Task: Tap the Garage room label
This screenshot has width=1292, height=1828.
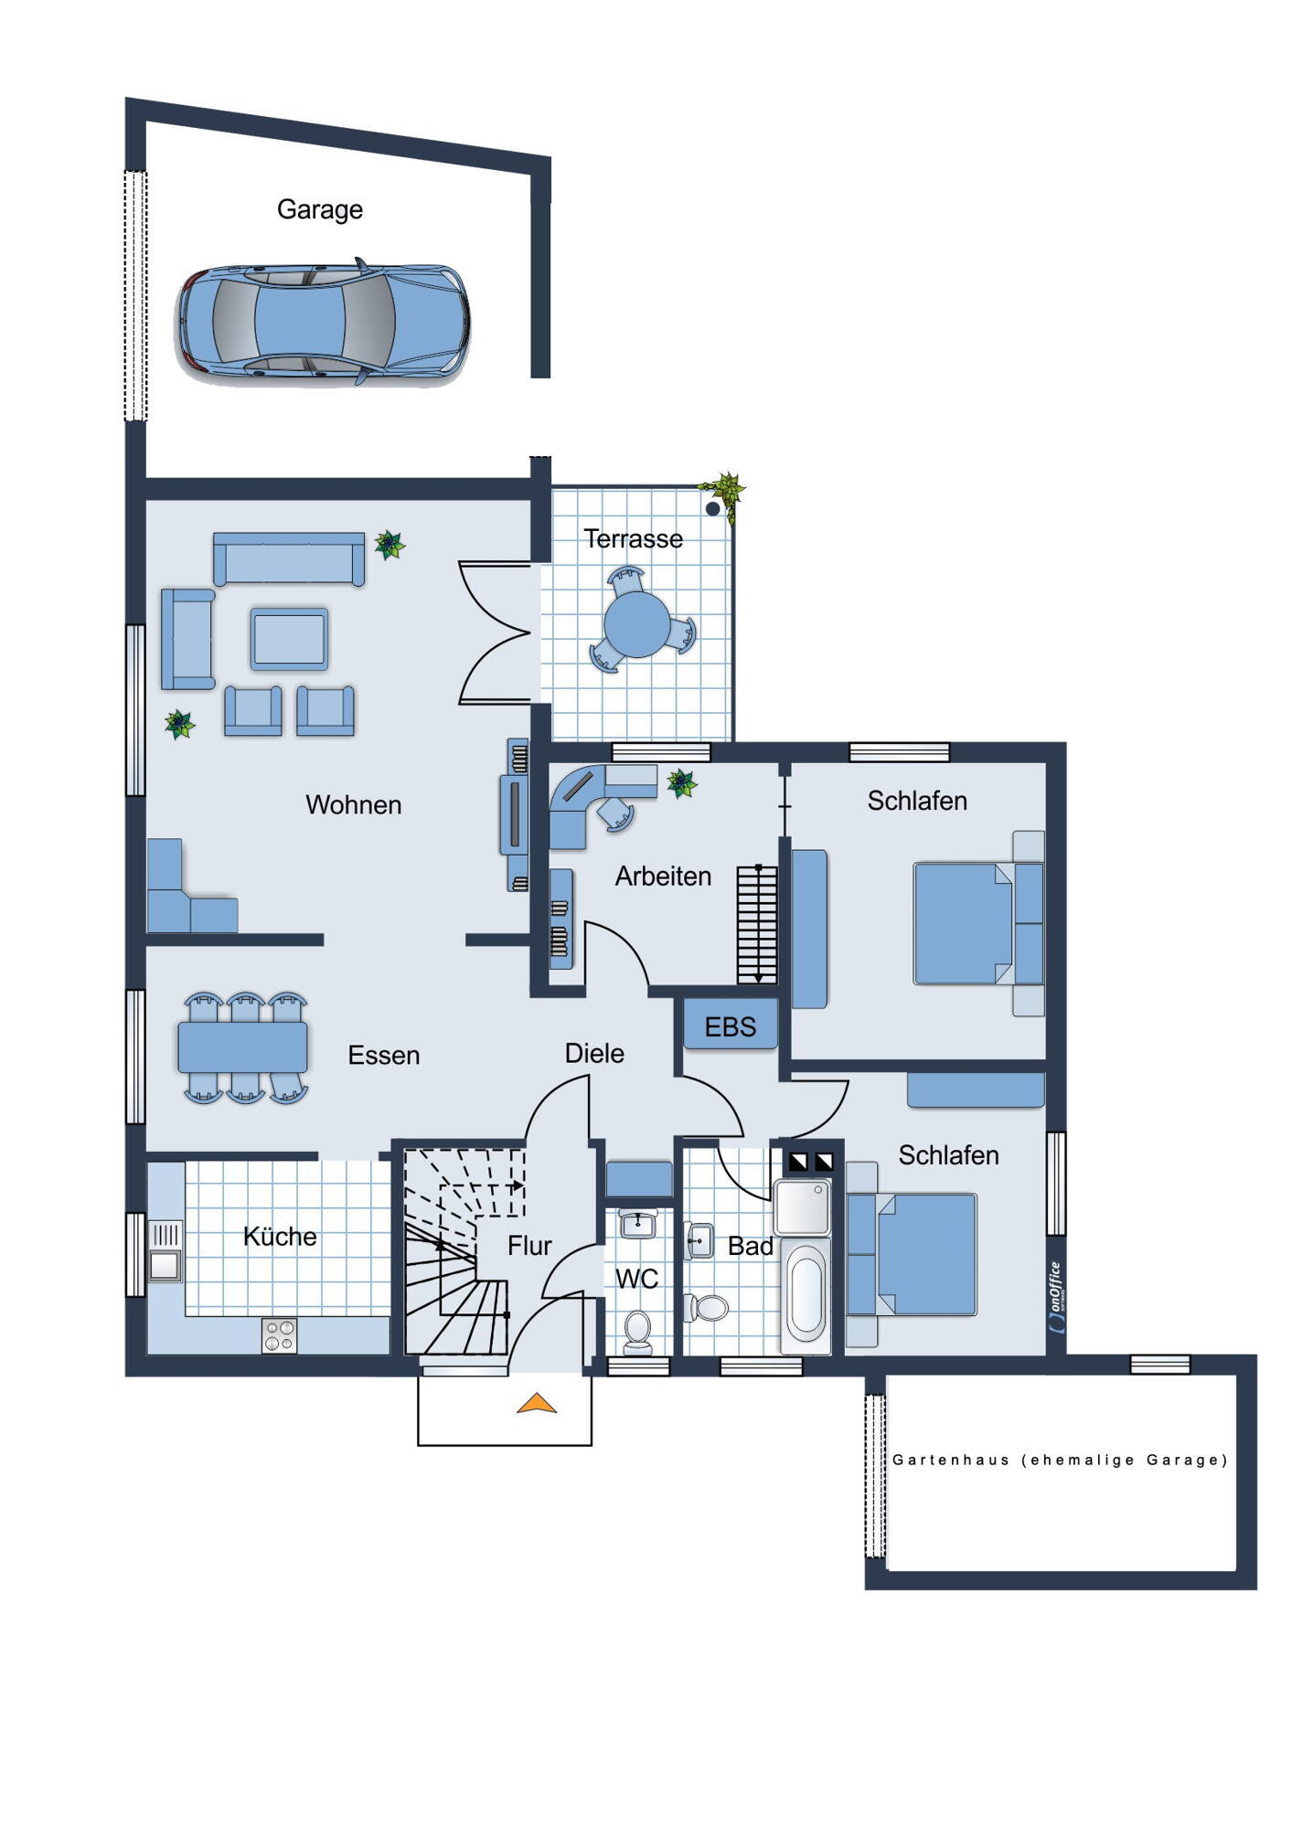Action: point(320,210)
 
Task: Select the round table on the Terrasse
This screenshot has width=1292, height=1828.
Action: point(637,624)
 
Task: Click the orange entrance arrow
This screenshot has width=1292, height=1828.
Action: point(537,1403)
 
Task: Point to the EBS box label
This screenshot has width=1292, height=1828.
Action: point(731,1027)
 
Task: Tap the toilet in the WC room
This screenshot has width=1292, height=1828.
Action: point(637,1331)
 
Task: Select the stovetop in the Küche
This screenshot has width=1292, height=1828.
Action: point(280,1335)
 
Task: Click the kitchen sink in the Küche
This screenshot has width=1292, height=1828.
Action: point(166,1252)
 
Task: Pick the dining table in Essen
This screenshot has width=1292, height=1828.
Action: point(243,1047)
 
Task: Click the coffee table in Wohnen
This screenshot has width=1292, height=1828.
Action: point(289,639)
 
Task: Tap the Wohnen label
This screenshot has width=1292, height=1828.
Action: point(354,805)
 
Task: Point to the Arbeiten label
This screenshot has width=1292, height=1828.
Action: point(663,877)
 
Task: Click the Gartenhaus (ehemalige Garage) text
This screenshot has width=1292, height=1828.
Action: point(1061,1460)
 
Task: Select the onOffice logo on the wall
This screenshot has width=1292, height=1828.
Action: point(1057,1298)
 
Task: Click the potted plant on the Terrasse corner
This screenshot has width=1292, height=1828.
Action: point(724,495)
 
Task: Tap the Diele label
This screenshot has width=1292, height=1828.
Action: point(594,1054)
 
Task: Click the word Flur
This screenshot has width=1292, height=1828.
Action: point(529,1246)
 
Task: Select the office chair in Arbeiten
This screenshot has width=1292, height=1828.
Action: point(617,813)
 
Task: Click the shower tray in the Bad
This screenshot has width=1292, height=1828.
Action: point(803,1207)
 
